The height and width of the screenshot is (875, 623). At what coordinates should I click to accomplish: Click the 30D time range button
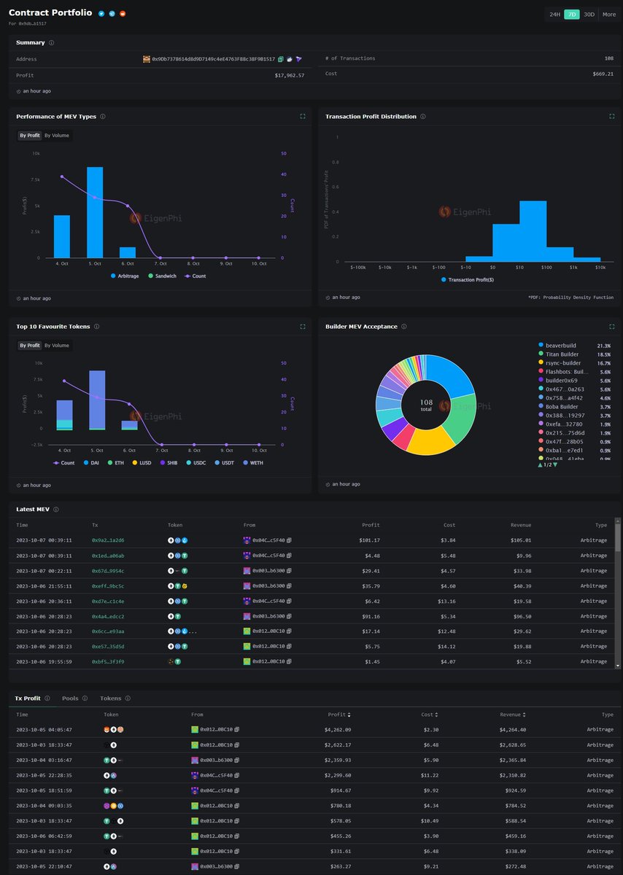(x=589, y=14)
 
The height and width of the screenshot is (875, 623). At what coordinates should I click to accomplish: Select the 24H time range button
(x=555, y=14)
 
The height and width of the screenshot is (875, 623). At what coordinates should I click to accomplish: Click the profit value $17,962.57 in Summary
(x=290, y=75)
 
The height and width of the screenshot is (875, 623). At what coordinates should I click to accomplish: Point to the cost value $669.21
(x=602, y=74)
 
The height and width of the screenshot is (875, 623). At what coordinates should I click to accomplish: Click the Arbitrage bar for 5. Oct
(x=95, y=212)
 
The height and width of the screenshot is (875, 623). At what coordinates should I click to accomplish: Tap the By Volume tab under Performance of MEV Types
(x=57, y=135)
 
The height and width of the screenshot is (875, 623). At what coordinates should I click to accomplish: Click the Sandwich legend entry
(x=162, y=276)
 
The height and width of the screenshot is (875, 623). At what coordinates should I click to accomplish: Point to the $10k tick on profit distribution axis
(x=600, y=267)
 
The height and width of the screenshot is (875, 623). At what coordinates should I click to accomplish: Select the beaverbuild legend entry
(x=560, y=345)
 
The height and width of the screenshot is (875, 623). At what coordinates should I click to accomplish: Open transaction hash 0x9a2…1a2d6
(x=108, y=540)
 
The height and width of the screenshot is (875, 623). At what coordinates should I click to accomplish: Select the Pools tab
(x=70, y=698)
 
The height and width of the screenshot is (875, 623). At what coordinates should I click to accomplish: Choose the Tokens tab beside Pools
(x=111, y=698)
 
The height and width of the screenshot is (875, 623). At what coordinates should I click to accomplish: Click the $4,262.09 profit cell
(x=338, y=729)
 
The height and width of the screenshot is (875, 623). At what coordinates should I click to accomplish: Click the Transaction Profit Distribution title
(x=371, y=117)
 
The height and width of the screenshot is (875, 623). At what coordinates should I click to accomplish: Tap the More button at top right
(x=608, y=14)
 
